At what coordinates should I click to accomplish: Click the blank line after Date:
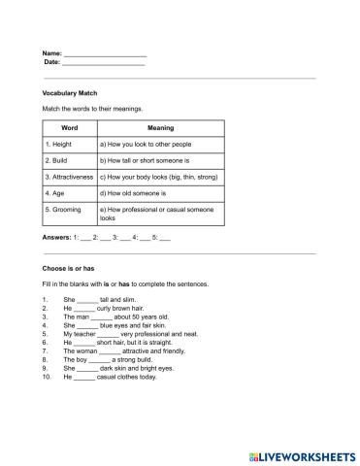(x=103, y=62)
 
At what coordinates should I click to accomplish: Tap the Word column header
(x=69, y=127)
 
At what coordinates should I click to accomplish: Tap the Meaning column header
(x=160, y=127)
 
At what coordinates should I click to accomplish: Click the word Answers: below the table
(x=57, y=237)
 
